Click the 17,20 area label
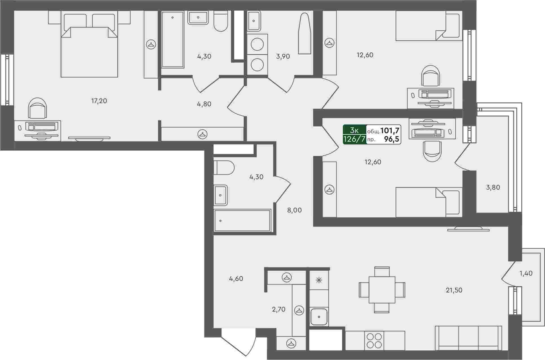tap(99, 101)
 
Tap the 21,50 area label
tap(454, 290)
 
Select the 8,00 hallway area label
tap(294, 210)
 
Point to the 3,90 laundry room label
tap(283, 56)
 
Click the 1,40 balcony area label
tap(526, 273)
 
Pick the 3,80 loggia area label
tap(493, 187)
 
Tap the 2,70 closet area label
tap(279, 309)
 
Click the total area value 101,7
tap(390, 130)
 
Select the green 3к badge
tap(355, 130)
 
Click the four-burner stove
tap(374, 341)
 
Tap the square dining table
tap(382, 290)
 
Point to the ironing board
tap(305, 33)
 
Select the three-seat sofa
tap(468, 338)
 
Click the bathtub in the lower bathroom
tap(242, 221)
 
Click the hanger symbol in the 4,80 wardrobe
tap(202, 134)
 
